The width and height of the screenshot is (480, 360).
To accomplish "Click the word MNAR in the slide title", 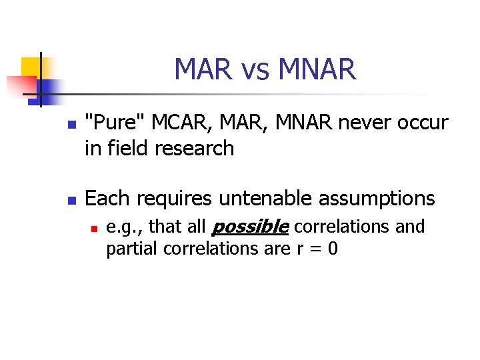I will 317,69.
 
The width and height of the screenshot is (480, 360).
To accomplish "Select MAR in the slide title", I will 201,69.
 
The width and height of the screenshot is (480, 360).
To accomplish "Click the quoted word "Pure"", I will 116,123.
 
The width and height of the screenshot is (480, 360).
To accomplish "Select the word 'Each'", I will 107,198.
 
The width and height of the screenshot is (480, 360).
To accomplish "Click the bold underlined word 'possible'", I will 249,227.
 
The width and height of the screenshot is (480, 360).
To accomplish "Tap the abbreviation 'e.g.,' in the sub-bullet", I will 125,228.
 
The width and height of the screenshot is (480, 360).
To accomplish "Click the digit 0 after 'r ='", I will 333,250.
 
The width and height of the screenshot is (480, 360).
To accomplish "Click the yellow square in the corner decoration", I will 31,67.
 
